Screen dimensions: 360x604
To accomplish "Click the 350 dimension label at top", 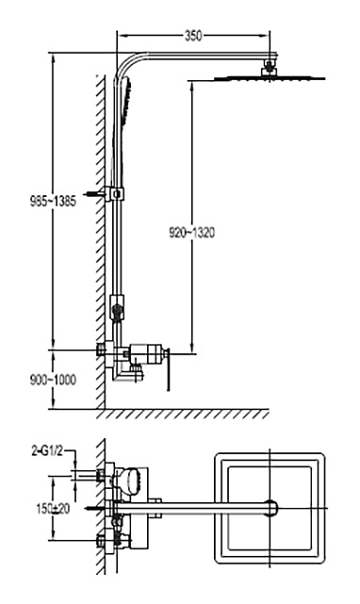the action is coord(193,36).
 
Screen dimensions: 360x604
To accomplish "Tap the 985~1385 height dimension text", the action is coord(53,201).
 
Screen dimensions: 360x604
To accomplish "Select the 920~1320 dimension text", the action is coord(191,233).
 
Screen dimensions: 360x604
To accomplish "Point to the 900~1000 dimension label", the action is coord(53,380).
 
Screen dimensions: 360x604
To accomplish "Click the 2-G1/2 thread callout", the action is coord(46,451).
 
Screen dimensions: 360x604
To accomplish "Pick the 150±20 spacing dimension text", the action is coord(53,509).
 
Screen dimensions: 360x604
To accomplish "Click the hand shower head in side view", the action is coord(126,101).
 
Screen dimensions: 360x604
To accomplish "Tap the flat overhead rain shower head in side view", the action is coord(270,78).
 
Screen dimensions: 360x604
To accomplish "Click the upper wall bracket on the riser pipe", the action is coord(115,193).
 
